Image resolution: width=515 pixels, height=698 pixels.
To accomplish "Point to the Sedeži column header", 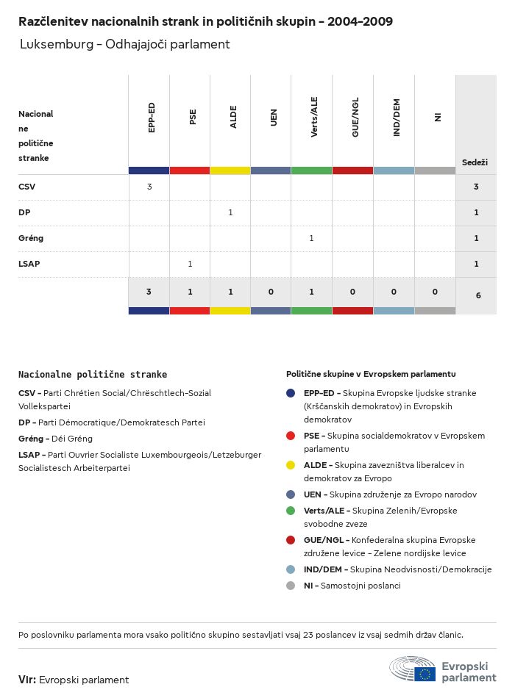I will (x=475, y=162).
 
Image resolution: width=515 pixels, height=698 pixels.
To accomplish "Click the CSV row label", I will (x=26, y=187).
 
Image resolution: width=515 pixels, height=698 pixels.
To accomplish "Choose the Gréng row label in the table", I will (x=31, y=238).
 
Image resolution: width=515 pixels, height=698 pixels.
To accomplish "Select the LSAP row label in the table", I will (x=29, y=264).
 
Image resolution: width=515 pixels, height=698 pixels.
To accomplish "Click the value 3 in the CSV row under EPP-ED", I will (x=149, y=187).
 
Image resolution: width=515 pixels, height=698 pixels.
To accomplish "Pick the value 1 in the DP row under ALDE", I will (x=230, y=212).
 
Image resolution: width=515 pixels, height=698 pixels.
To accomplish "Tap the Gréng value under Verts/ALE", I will (x=311, y=238).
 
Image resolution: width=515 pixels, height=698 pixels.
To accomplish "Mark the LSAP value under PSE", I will (x=190, y=264).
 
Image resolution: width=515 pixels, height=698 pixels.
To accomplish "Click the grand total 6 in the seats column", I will (x=478, y=295).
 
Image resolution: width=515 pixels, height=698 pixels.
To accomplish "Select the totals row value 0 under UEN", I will (x=271, y=292).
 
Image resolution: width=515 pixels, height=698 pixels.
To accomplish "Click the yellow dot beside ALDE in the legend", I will (x=291, y=465).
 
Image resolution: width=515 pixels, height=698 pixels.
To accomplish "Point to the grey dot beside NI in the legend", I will (x=291, y=586).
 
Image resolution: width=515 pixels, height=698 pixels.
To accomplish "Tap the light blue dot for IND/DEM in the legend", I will (x=291, y=569).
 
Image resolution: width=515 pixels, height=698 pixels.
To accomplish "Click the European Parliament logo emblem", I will (x=413, y=671).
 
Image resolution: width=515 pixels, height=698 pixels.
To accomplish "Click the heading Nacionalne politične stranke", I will (x=93, y=375).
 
